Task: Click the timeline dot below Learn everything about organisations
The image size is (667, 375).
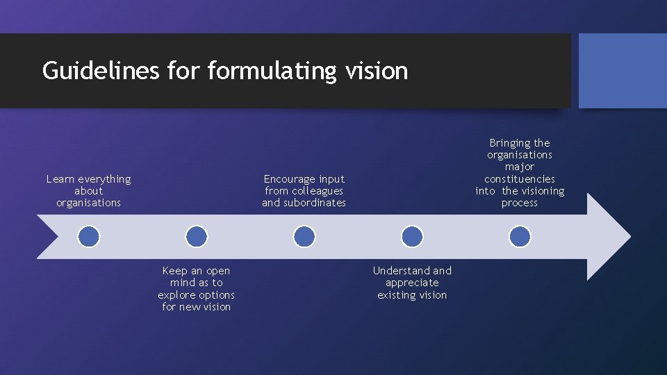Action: click(88, 237)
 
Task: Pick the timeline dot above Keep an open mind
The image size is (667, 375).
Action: click(197, 237)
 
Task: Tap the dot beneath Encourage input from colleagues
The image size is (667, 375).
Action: click(304, 237)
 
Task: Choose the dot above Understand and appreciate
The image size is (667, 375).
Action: click(412, 237)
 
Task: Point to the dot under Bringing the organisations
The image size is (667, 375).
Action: click(520, 237)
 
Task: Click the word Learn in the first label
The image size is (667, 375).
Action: click(60, 179)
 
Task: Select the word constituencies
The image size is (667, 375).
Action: click(520, 179)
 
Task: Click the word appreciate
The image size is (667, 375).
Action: click(412, 283)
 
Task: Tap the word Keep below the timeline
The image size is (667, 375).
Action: click(174, 271)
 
